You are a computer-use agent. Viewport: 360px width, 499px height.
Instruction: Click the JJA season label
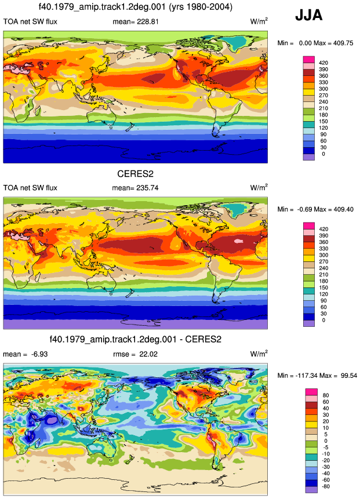tap(309, 15)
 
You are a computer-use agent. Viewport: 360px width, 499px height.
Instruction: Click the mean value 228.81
tap(148, 21)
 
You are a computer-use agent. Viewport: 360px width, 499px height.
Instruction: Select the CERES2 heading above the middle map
tap(135, 174)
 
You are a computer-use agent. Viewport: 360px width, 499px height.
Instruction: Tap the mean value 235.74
tap(147, 188)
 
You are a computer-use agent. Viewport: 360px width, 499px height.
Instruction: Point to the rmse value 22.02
tap(148, 354)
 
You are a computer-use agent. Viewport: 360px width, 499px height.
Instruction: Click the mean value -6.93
tap(39, 354)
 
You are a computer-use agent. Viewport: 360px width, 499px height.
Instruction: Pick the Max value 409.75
tap(343, 43)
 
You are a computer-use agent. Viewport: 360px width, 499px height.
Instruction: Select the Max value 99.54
tap(349, 376)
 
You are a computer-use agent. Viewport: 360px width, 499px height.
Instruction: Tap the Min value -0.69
tap(306, 209)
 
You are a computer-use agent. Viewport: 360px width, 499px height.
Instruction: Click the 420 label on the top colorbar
tap(323, 63)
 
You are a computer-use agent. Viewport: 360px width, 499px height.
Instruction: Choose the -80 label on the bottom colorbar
tap(325, 486)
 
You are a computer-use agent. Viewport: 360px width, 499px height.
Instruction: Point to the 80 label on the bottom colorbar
tap(326, 395)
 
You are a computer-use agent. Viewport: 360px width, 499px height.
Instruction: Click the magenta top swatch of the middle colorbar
tap(309, 225)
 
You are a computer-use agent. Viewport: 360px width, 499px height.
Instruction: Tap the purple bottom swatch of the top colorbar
tap(309, 157)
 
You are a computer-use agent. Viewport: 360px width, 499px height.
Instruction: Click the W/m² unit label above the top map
tap(259, 21)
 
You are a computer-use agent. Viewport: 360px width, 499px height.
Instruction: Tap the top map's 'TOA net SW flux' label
tap(30, 21)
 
